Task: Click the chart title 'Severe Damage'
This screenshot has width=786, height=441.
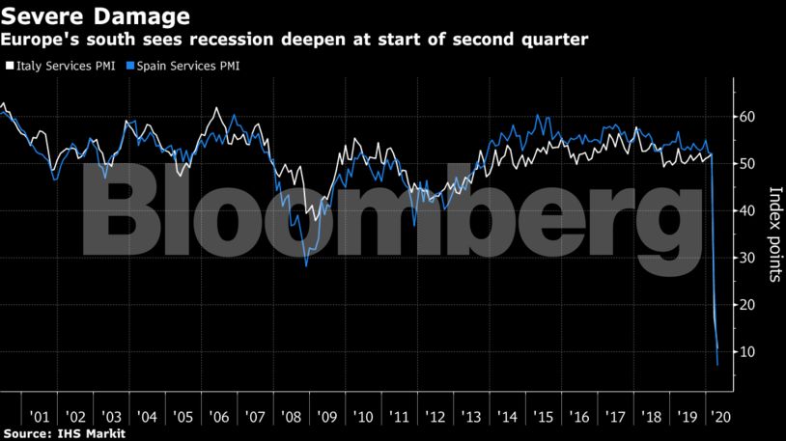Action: (96, 15)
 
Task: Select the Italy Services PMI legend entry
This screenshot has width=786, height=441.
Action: (62, 67)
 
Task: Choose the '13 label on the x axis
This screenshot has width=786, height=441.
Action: (472, 417)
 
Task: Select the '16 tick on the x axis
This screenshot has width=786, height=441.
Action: (580, 417)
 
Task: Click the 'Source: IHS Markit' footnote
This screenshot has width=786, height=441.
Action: (64, 434)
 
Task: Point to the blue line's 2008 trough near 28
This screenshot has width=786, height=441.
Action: (306, 266)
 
